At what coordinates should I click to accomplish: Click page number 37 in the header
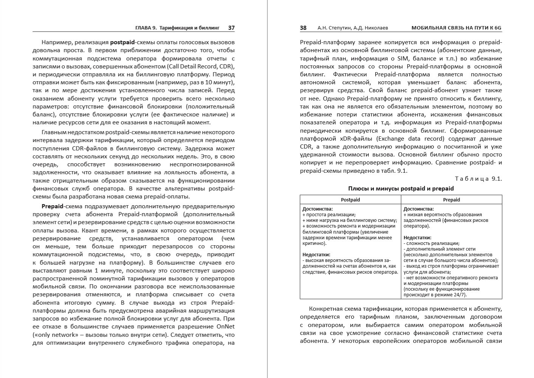(231, 28)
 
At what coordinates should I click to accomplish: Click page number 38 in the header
(303, 28)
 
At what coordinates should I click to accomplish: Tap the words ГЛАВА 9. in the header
(145, 28)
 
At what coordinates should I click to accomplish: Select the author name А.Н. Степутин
(334, 28)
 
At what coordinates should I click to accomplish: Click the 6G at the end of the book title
(498, 28)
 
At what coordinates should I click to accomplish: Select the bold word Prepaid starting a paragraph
(52, 206)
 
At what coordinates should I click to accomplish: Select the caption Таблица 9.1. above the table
(478, 179)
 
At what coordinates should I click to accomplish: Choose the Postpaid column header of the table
(350, 200)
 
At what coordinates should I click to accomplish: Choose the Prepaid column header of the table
(451, 200)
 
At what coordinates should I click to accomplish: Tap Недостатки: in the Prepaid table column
(417, 237)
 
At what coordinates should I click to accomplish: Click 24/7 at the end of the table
(461, 295)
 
